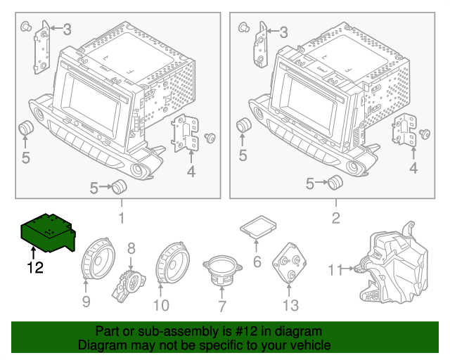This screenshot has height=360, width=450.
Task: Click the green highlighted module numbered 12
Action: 48,232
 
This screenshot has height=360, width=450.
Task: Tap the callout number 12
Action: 35,267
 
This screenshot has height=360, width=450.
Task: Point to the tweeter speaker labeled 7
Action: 221,270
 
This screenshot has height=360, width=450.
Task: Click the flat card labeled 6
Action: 257,226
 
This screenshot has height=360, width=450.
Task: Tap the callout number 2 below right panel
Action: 335,218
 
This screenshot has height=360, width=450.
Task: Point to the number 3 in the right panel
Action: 284,32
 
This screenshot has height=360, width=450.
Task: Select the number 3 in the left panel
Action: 67,29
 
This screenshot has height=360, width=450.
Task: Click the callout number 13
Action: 290,305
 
